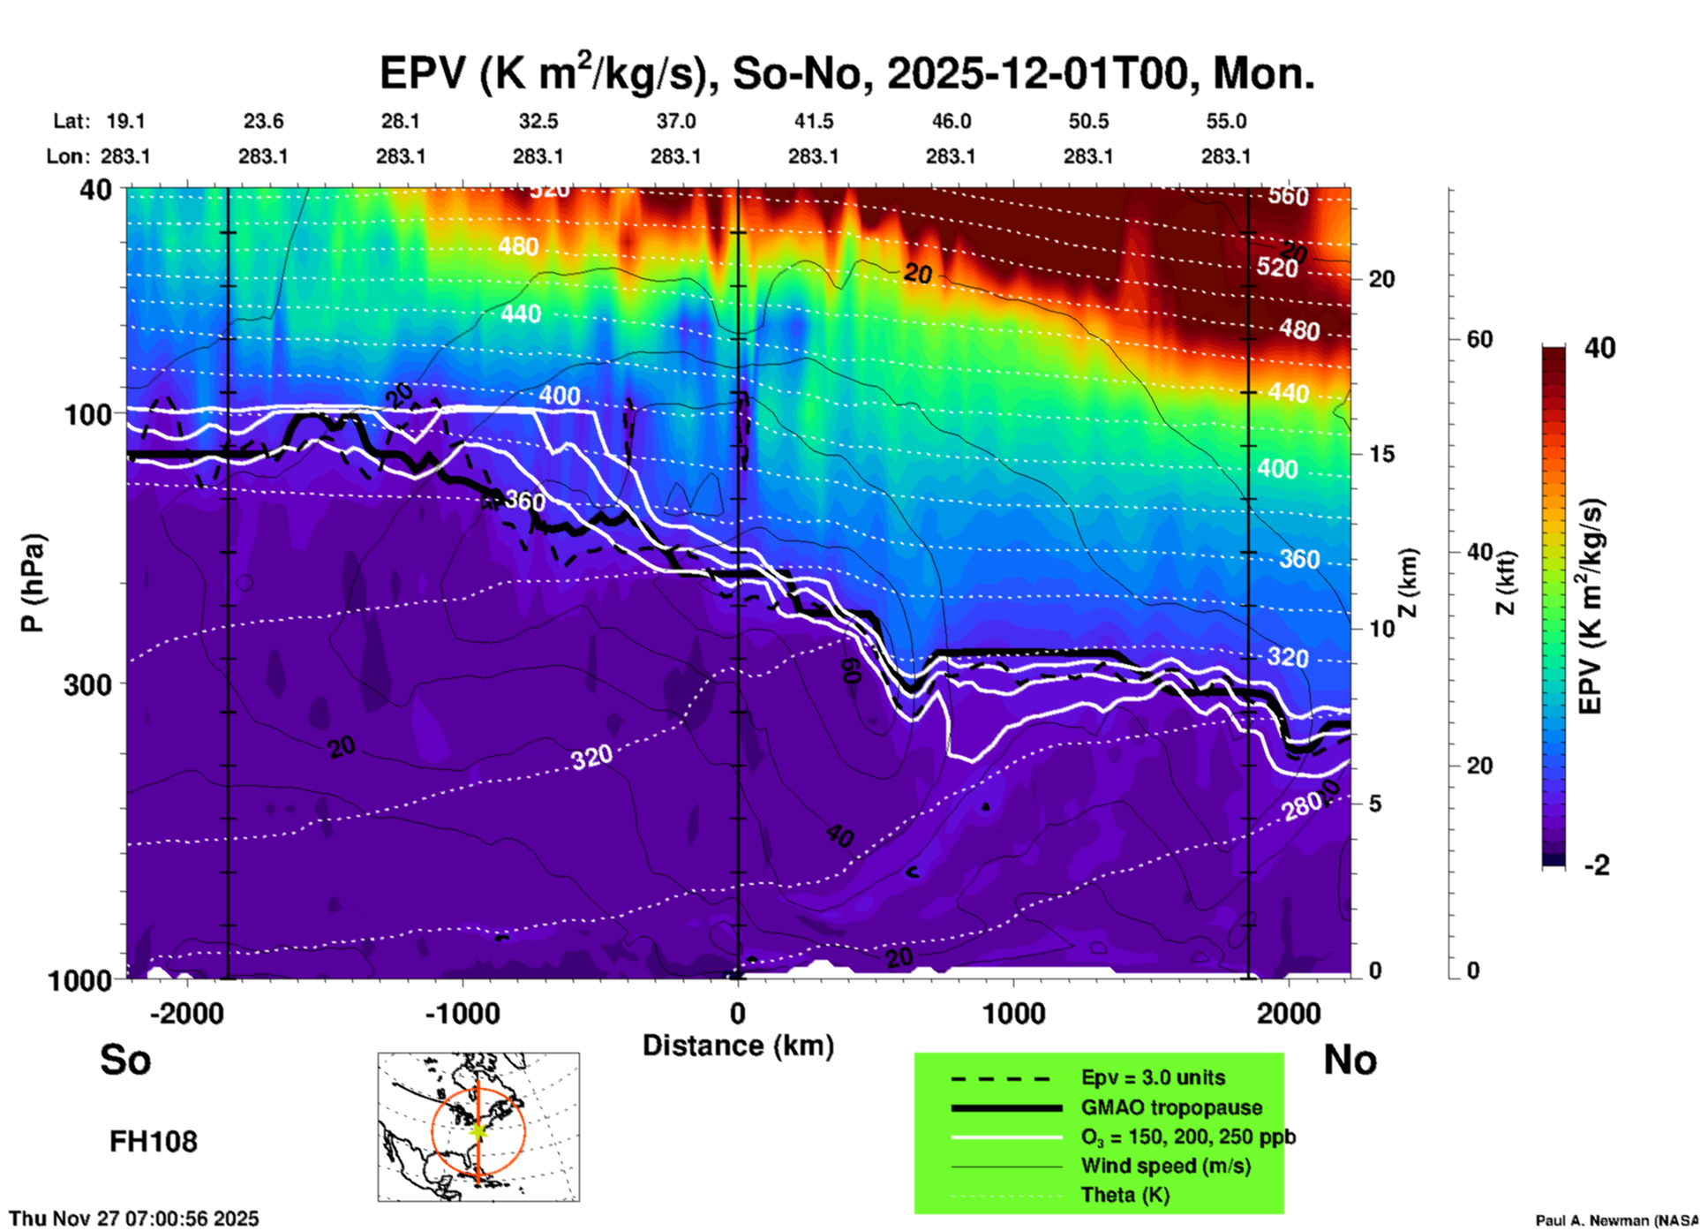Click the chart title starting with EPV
click(847, 72)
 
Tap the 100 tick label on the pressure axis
click(88, 414)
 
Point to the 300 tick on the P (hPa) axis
click(88, 684)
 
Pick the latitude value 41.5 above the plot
click(813, 121)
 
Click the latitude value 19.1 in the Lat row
click(125, 121)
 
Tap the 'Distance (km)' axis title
click(738, 1046)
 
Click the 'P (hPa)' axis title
click(33, 583)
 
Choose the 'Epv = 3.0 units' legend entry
click(1153, 1077)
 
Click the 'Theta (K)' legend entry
click(1125, 1195)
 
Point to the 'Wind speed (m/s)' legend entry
click(1165, 1166)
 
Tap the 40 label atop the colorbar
click(1599, 348)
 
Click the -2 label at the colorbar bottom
click(1597, 865)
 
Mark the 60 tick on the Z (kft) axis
click(1479, 339)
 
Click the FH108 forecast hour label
click(154, 1142)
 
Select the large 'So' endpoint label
click(125, 1060)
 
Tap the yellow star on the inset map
click(478, 1130)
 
